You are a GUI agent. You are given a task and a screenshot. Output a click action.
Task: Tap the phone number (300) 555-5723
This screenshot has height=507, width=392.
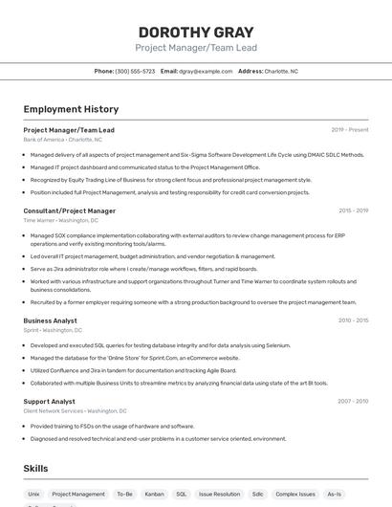pyautogui.click(x=135, y=71)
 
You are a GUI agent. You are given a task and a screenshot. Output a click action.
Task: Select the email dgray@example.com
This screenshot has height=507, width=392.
pyautogui.click(x=206, y=71)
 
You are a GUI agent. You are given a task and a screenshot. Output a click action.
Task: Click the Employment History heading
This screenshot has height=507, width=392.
pyautogui.click(x=71, y=109)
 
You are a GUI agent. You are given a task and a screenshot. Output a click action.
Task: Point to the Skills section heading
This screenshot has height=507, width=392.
pyautogui.click(x=35, y=469)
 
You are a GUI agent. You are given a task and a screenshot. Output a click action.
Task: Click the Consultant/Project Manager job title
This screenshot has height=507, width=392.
pyautogui.click(x=69, y=210)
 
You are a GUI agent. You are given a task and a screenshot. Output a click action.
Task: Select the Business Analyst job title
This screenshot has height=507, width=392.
pyautogui.click(x=50, y=320)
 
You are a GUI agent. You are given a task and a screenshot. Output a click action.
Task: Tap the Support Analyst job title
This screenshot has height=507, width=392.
pyautogui.click(x=49, y=402)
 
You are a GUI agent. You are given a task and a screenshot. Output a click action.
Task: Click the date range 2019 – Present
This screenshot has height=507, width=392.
pyautogui.click(x=350, y=130)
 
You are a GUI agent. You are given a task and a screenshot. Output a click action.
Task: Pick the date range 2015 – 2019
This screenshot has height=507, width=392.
pyautogui.click(x=354, y=210)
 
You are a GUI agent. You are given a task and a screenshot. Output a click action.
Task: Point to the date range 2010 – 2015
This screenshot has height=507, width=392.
pyautogui.click(x=354, y=320)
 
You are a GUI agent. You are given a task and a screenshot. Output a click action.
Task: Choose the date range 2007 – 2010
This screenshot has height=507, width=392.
pyautogui.click(x=354, y=402)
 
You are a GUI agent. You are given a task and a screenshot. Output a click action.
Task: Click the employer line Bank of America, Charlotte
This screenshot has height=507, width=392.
pyautogui.click(x=61, y=140)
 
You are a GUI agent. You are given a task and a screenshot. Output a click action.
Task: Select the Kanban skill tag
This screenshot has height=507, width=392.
pyautogui.click(x=154, y=494)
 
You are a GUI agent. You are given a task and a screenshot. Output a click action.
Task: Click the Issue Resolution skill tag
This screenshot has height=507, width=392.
pyautogui.click(x=220, y=494)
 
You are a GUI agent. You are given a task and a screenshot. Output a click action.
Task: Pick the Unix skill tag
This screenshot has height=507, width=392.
pyautogui.click(x=33, y=494)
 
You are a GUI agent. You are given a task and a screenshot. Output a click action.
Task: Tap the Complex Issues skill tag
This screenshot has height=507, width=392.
pyautogui.click(x=294, y=494)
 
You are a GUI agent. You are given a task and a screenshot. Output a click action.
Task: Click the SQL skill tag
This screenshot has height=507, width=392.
pyautogui.click(x=181, y=494)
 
